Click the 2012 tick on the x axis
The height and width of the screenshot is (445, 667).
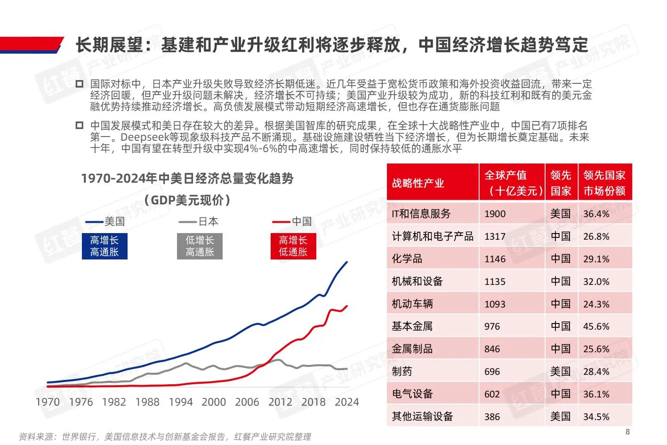(x=280, y=402)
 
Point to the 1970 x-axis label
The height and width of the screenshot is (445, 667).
(x=48, y=402)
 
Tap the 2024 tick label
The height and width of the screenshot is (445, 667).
(x=346, y=402)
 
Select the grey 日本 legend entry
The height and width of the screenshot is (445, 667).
(x=199, y=221)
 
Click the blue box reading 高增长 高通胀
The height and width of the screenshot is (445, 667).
(x=104, y=246)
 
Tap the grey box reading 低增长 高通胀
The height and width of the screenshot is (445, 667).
(x=200, y=246)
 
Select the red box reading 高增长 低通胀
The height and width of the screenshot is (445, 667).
(x=293, y=246)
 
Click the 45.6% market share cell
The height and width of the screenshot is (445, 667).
(x=596, y=326)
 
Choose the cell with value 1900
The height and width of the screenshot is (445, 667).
(x=495, y=214)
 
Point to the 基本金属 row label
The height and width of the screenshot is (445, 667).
(x=412, y=326)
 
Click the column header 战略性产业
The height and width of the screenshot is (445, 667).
(x=418, y=183)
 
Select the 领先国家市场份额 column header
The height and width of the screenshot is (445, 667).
(x=604, y=183)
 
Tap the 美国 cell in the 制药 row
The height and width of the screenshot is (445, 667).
(x=560, y=372)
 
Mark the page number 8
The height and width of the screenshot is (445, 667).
(x=627, y=432)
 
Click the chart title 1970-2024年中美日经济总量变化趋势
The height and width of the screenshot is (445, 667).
(x=187, y=178)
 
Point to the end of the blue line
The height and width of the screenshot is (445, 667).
(x=347, y=262)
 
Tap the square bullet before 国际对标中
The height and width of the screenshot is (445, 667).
(x=80, y=84)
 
